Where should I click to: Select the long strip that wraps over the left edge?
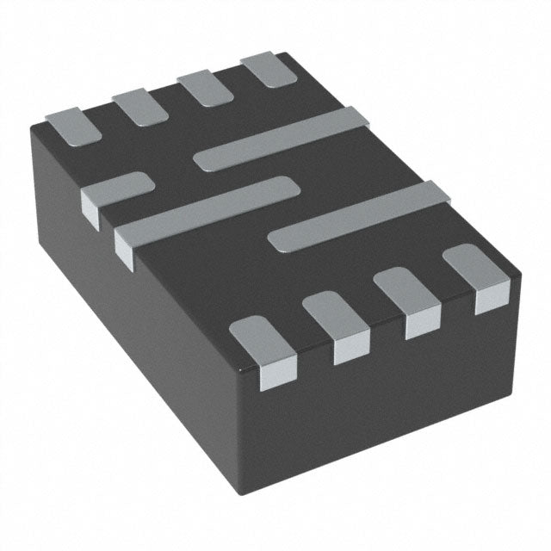click(x=207, y=207)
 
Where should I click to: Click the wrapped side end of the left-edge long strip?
click(x=125, y=250)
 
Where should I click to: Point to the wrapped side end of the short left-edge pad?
click(x=90, y=205)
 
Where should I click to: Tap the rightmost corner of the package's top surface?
click(x=520, y=275)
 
